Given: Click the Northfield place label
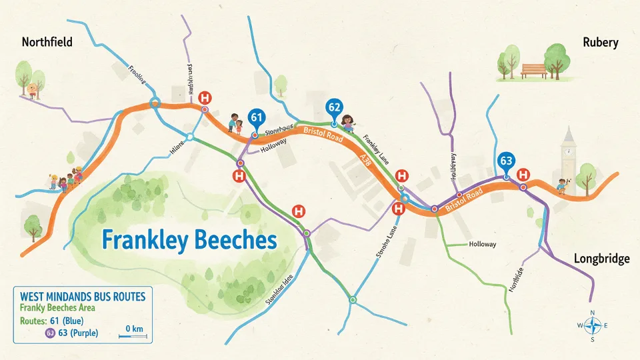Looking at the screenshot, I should (x=47, y=43).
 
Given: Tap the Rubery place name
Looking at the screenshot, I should (x=600, y=43).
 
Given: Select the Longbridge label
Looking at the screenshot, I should (x=601, y=259).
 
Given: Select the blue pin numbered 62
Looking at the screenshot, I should (x=334, y=107).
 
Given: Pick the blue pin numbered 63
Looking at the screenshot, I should (x=506, y=161).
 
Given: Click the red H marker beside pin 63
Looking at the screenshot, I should (x=523, y=174).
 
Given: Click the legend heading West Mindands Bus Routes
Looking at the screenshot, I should (x=82, y=295).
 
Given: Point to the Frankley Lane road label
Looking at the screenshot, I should (x=376, y=151).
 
